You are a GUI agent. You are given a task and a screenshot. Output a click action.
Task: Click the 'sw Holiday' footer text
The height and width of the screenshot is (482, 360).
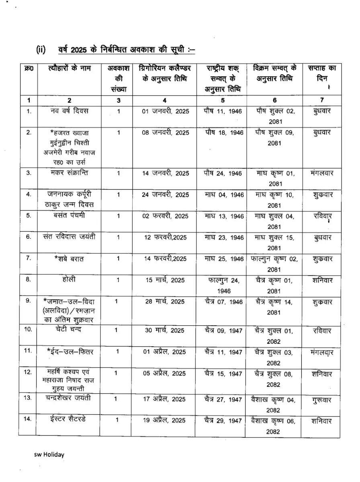(49, 455)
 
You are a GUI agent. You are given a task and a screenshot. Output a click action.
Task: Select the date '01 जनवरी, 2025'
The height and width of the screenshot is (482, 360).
(165, 111)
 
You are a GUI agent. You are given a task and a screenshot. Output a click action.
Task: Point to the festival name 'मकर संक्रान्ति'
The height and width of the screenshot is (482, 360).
(69, 173)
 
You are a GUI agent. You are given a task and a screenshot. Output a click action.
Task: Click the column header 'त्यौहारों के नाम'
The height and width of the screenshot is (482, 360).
(69, 68)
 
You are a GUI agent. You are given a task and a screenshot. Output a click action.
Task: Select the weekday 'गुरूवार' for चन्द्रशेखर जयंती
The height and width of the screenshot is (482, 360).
(321, 400)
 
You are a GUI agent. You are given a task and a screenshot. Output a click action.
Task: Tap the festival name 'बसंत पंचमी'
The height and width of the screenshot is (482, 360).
(69, 215)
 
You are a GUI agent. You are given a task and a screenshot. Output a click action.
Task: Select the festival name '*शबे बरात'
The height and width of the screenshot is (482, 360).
(69, 259)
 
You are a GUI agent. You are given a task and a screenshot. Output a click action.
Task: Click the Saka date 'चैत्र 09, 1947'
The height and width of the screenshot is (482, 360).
(223, 331)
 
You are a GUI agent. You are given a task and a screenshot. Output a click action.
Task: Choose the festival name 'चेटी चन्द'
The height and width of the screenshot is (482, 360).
(69, 329)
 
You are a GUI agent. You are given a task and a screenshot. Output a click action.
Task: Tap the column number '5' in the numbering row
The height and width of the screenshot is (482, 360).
(223, 100)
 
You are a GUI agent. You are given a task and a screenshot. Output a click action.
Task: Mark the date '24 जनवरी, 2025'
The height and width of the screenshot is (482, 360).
(165, 195)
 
